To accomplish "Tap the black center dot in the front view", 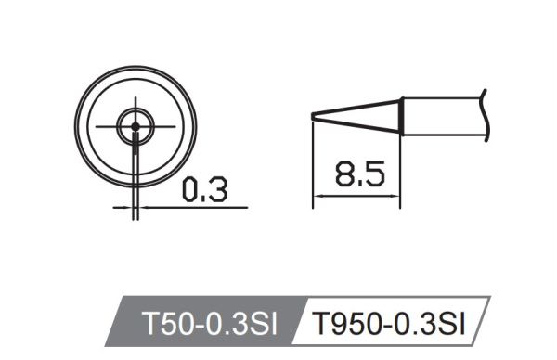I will tap(136, 126).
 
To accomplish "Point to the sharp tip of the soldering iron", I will tap(314, 114).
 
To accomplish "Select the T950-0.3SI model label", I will tap(387, 324).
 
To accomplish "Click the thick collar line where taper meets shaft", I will tap(401, 115).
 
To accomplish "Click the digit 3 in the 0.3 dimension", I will tap(217, 190).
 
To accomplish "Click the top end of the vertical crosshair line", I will tap(136, 96).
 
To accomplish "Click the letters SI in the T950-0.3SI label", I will tap(449, 324).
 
